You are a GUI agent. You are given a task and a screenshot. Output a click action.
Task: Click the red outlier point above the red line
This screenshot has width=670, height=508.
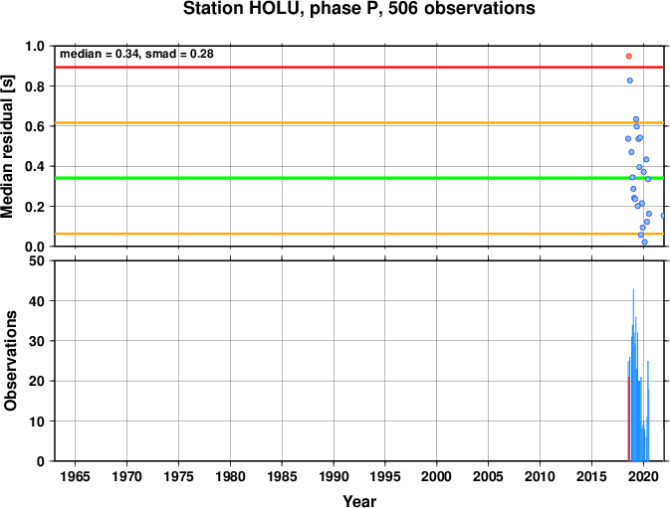(628, 57)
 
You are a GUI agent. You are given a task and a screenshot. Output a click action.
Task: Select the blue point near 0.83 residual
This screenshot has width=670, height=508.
(630, 81)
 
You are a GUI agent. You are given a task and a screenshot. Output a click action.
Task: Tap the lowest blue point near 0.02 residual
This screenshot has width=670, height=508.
(645, 242)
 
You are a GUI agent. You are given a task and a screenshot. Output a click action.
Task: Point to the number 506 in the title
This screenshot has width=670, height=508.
(403, 9)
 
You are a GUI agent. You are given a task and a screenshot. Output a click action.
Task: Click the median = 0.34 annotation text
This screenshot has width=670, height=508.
(100, 54)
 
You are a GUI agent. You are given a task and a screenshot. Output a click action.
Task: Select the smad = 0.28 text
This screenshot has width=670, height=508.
(179, 54)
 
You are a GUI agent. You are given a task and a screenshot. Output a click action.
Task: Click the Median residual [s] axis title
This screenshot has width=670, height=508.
(8, 146)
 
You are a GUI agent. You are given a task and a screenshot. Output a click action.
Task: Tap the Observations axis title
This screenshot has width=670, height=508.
(10, 361)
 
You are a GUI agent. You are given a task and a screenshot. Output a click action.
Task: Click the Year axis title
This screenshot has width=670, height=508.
(359, 501)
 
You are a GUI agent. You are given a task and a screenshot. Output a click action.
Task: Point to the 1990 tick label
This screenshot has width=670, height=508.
(334, 476)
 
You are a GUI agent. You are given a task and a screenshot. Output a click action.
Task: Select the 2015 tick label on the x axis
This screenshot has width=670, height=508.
(591, 476)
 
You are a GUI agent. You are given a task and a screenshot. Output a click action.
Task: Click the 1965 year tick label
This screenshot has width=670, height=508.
(76, 476)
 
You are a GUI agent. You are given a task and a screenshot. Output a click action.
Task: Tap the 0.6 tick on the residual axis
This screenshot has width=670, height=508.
(35, 126)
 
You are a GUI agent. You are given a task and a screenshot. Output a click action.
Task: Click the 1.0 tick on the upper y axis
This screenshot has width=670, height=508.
(35, 46)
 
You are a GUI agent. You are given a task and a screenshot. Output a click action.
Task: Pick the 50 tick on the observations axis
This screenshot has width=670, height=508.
(38, 260)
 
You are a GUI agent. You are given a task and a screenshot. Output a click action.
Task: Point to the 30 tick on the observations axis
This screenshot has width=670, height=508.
(38, 341)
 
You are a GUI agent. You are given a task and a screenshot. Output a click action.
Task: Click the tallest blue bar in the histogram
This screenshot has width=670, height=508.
(633, 375)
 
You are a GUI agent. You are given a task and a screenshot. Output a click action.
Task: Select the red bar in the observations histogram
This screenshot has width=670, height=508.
(628, 419)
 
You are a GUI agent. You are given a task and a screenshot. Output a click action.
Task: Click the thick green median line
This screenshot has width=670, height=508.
(359, 178)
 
